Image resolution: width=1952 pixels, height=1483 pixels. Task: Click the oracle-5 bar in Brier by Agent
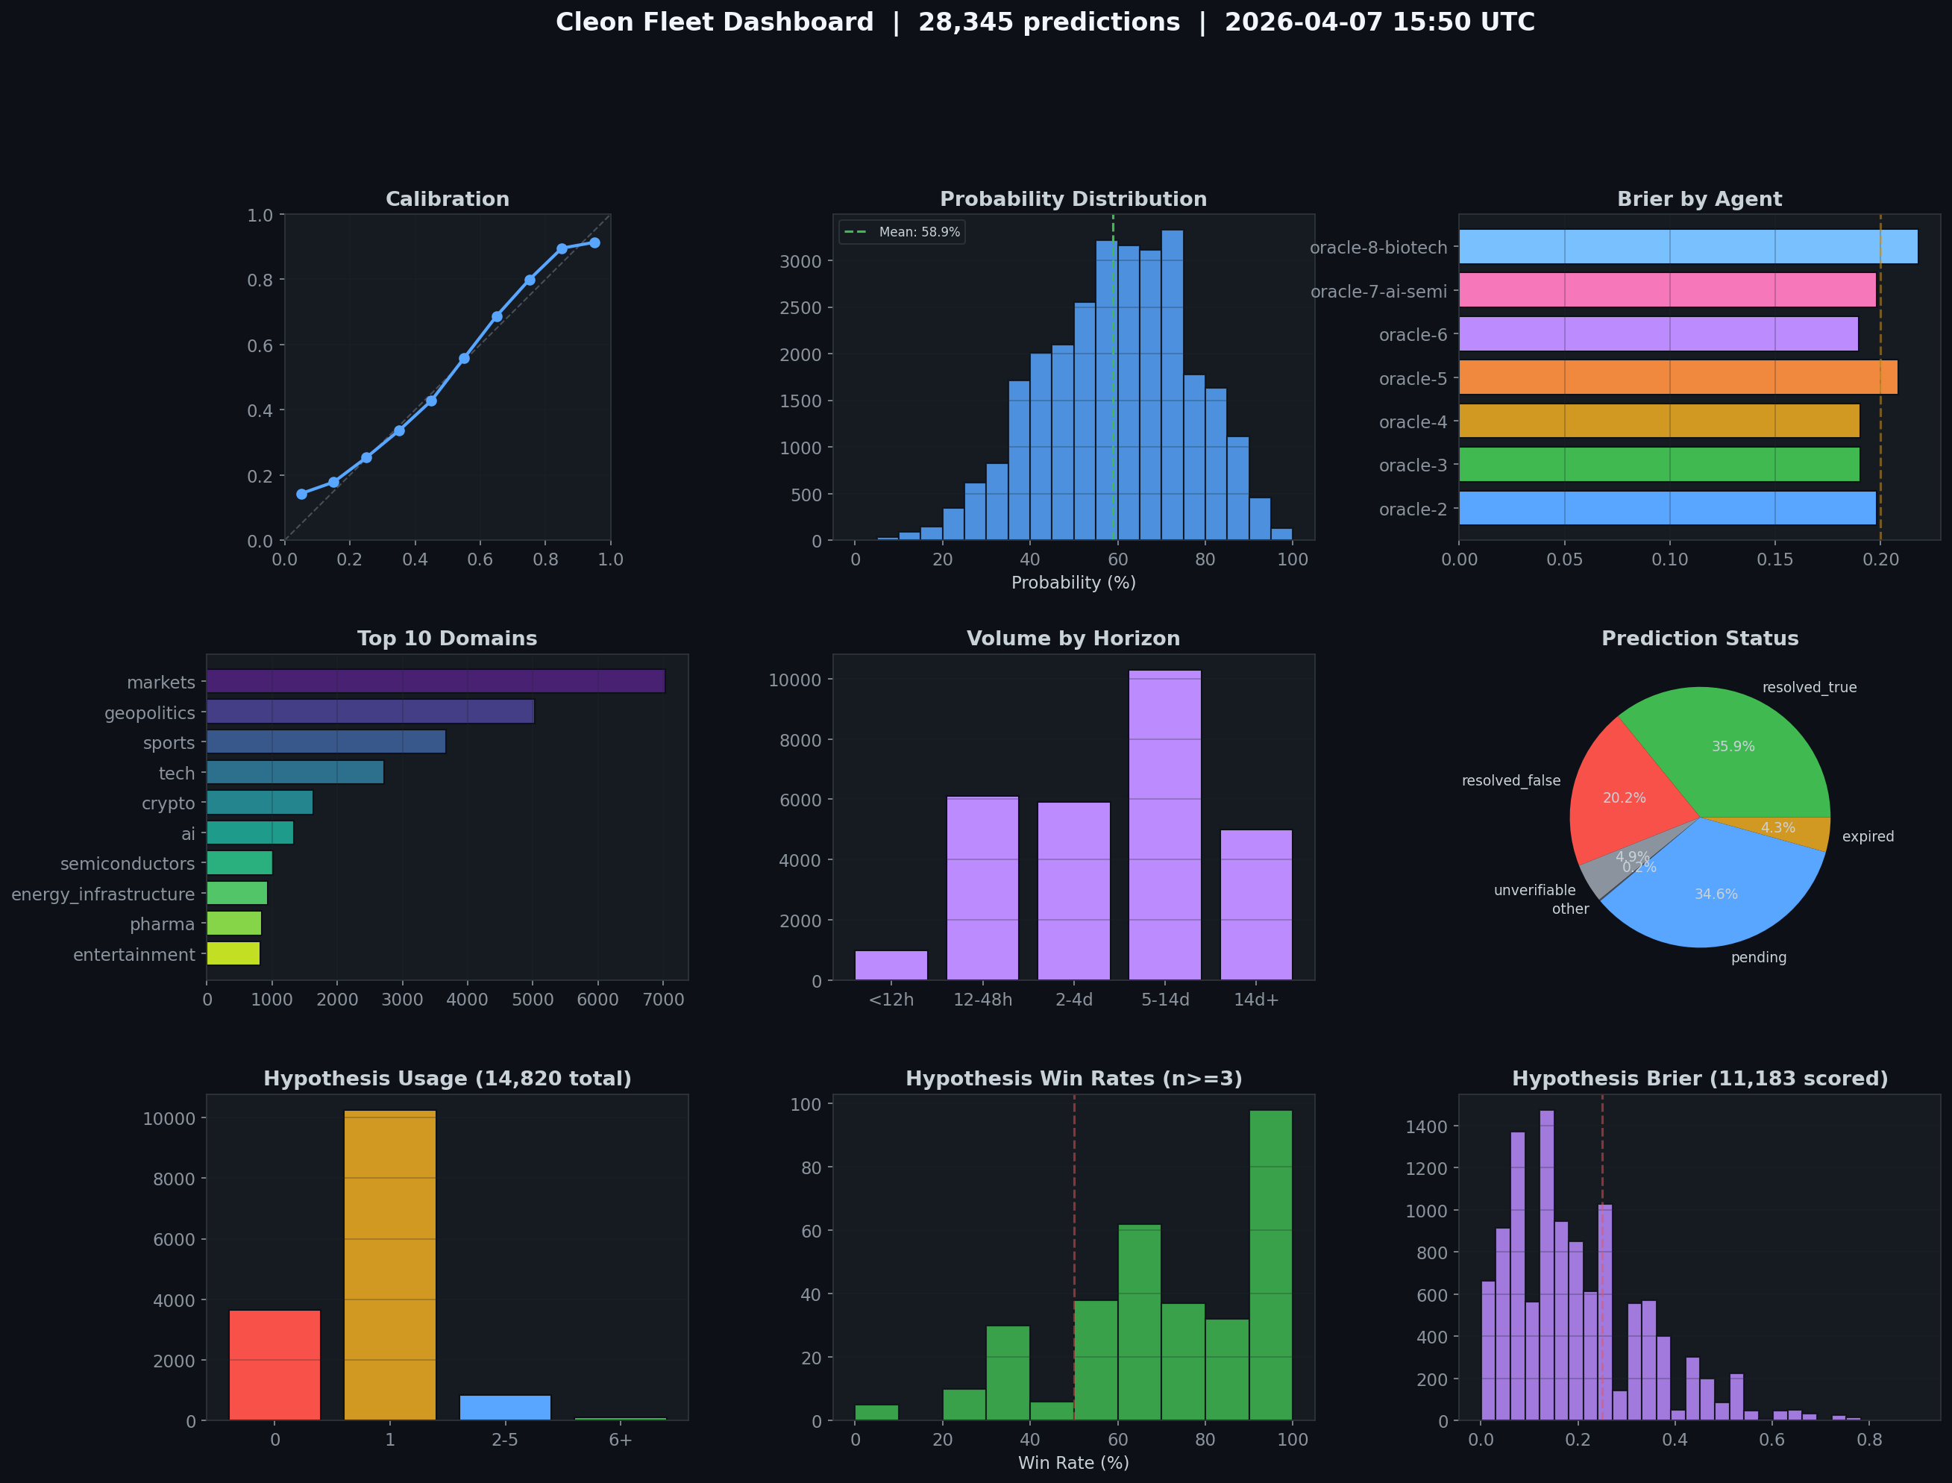pyautogui.click(x=1677, y=377)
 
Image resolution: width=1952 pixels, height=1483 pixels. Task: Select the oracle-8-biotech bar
pyautogui.click(x=1687, y=247)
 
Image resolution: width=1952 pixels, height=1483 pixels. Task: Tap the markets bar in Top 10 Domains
pyautogui.click(x=435, y=682)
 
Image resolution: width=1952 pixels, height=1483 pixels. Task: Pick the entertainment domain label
pyautogui.click(x=134, y=955)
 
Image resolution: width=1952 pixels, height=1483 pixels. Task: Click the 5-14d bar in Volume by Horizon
pyautogui.click(x=1165, y=825)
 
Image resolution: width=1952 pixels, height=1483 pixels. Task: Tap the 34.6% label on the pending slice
pyautogui.click(x=1716, y=894)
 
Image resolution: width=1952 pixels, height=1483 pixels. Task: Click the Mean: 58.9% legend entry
pyautogui.click(x=902, y=232)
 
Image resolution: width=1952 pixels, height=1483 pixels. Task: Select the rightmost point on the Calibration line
pyautogui.click(x=594, y=242)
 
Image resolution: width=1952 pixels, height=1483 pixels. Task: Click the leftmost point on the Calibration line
pyautogui.click(x=302, y=495)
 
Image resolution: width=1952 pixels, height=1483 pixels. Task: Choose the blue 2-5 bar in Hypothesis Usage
pyautogui.click(x=505, y=1407)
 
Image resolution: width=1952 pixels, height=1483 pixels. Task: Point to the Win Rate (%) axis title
pyautogui.click(x=1073, y=1463)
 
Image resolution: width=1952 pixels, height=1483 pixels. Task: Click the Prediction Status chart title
pyautogui.click(x=1700, y=639)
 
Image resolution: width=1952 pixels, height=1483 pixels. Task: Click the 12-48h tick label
pyautogui.click(x=982, y=1000)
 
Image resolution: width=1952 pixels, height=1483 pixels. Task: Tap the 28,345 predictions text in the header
pyautogui.click(x=1049, y=22)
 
